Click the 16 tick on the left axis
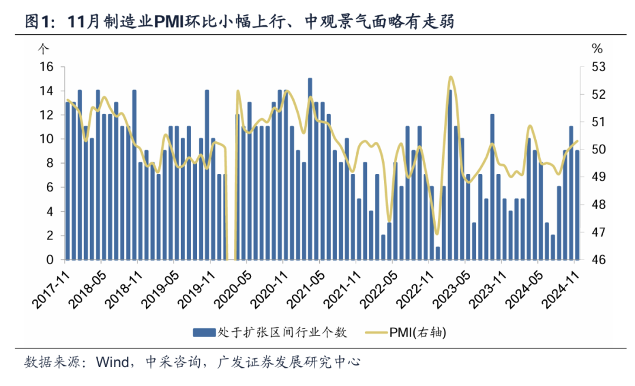tap(46, 67)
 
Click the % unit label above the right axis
tap(597, 48)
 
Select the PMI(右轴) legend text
tap(417, 333)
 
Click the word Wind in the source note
tap(112, 362)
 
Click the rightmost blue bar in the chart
tap(577, 205)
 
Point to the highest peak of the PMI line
tap(450, 77)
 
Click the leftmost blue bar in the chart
tap(68, 181)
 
